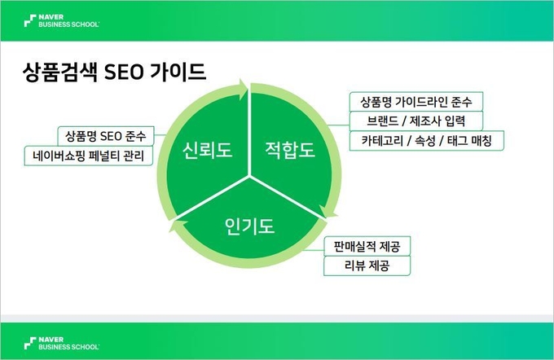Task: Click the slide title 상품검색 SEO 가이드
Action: [x=114, y=72]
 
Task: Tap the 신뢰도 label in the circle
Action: [x=207, y=150]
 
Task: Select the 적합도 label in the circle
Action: [x=290, y=150]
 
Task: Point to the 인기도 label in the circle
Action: [x=249, y=226]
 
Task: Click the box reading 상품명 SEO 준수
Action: [x=106, y=136]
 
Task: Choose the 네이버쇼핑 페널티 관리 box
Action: [x=88, y=156]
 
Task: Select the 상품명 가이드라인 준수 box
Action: [x=415, y=102]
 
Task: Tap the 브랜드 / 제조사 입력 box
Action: [x=415, y=121]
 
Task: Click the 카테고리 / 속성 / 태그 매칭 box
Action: [x=426, y=141]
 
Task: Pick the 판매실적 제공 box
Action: [x=367, y=246]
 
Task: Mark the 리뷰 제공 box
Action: [x=367, y=266]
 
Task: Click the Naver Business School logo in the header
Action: [x=62, y=21]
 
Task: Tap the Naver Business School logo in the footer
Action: [x=62, y=344]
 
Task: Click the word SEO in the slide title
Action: [x=124, y=72]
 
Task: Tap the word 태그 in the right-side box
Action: [x=458, y=141]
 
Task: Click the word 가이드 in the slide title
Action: [x=178, y=72]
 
